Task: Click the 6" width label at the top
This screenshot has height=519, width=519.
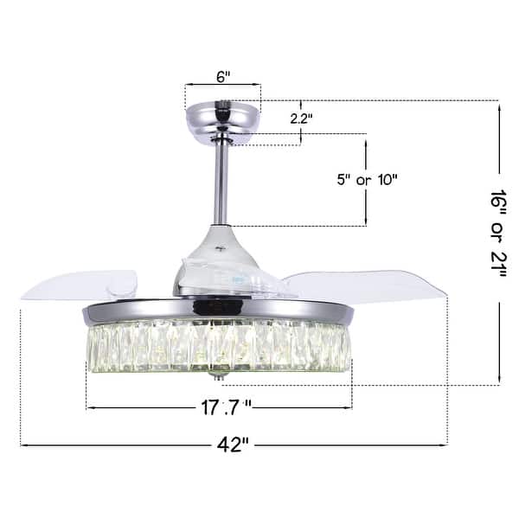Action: coord(223,76)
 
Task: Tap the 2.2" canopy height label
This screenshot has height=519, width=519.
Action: coord(300,119)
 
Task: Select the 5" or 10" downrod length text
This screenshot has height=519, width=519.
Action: coord(365,180)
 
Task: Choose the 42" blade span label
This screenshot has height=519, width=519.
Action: coord(232,445)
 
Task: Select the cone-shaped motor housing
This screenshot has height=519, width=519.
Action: coord(218,255)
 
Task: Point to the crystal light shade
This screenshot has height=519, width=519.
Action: coord(218,346)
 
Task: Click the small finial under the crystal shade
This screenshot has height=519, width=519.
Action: coord(218,378)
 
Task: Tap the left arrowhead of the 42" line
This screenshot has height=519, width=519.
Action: coord(23,445)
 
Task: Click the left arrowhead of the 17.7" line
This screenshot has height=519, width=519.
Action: coord(89,407)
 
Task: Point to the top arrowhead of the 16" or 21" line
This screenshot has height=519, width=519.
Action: coord(499,104)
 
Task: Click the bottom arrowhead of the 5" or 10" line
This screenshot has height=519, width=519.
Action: coord(365,223)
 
